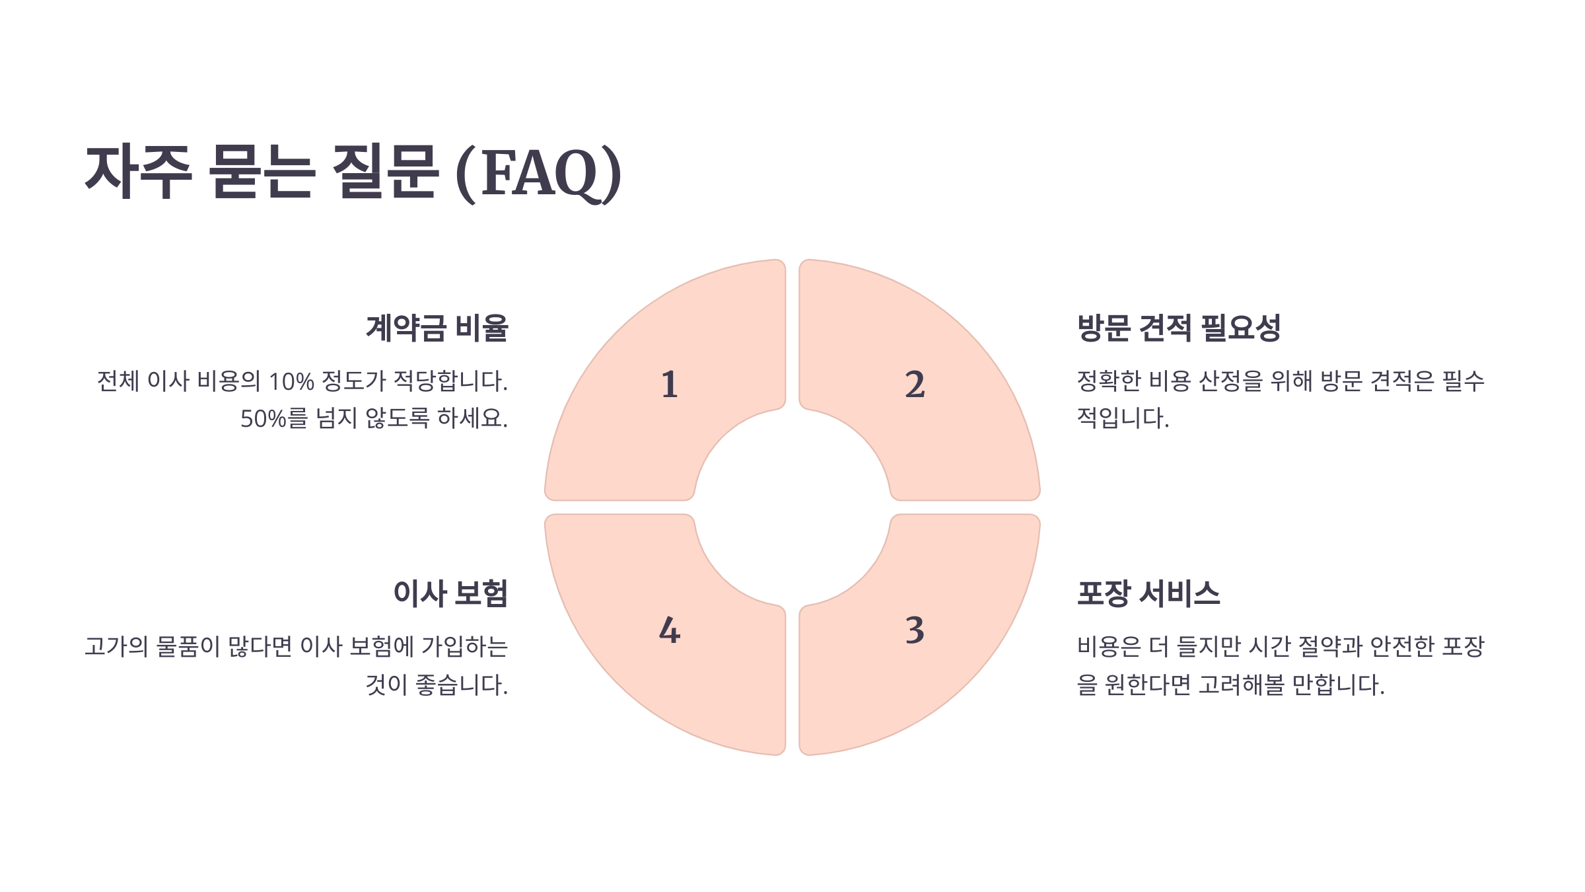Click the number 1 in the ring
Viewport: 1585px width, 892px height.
pyautogui.click(x=670, y=385)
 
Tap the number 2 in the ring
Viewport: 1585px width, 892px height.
pyautogui.click(x=915, y=385)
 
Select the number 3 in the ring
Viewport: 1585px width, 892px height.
pyautogui.click(x=915, y=630)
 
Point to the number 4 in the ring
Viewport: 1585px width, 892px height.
pyautogui.click(x=670, y=630)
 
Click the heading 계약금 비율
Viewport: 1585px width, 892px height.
pyautogui.click(x=437, y=328)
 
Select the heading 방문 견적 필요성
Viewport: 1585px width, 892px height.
pyautogui.click(x=1179, y=328)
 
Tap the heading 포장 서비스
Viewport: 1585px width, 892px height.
pyautogui.click(x=1148, y=593)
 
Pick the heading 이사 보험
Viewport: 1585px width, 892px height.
pyautogui.click(x=450, y=593)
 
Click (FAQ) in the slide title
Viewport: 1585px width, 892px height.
pyautogui.click(x=538, y=173)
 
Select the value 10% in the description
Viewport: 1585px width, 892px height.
pyautogui.click(x=291, y=382)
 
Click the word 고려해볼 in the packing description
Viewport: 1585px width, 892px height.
pyautogui.click(x=1242, y=685)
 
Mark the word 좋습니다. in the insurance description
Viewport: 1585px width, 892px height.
pyautogui.click(x=462, y=685)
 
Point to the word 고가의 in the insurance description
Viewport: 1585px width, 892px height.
pyautogui.click(x=116, y=647)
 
